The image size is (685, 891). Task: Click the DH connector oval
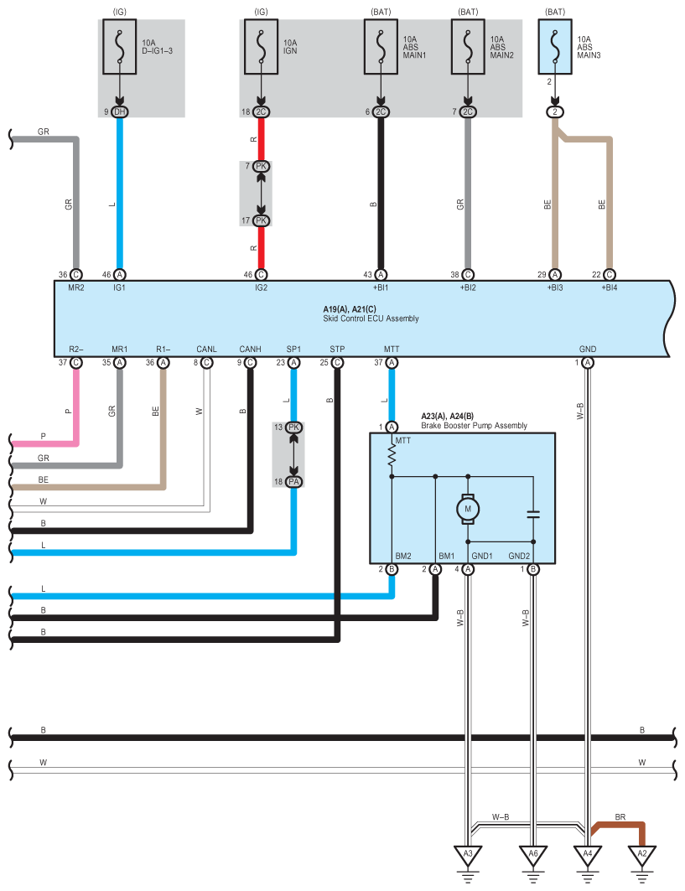(x=120, y=112)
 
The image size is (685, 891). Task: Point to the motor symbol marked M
(x=469, y=508)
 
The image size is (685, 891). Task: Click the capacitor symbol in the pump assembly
(x=533, y=514)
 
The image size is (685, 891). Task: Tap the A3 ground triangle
(x=468, y=855)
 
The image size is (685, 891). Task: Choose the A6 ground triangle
(x=533, y=855)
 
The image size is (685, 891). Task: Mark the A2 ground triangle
(x=643, y=855)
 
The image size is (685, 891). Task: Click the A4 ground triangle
(x=587, y=855)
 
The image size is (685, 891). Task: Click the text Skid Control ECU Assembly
(x=371, y=319)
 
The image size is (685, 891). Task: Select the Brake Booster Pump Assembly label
(x=474, y=426)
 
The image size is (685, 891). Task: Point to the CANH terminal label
(x=250, y=348)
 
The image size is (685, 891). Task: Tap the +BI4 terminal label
(x=610, y=288)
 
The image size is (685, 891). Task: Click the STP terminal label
(x=337, y=348)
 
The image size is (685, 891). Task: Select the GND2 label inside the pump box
(x=520, y=556)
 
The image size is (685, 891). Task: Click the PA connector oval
(x=294, y=481)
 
